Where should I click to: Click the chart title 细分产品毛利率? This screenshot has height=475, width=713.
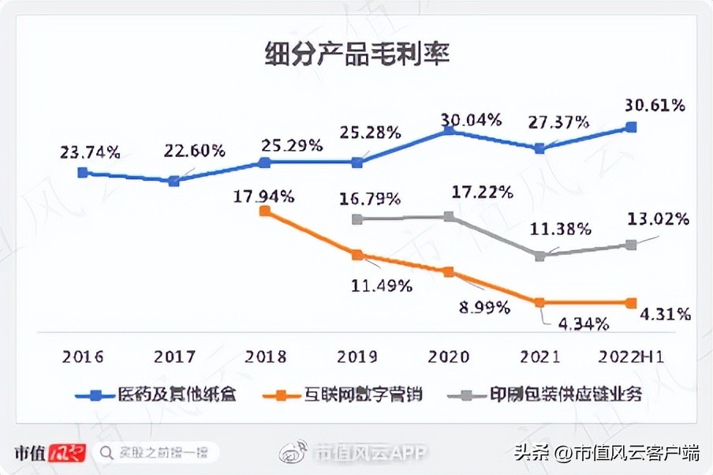click(356, 55)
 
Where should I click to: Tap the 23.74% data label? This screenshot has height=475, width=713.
click(90, 152)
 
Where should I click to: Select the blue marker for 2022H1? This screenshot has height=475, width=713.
click(631, 126)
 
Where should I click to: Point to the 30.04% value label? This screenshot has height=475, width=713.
click(470, 120)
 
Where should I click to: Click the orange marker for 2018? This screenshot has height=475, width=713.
click(265, 211)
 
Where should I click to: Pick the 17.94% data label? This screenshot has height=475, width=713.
click(263, 195)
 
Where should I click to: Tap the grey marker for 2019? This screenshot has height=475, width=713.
click(357, 219)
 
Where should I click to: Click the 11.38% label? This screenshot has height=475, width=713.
click(561, 230)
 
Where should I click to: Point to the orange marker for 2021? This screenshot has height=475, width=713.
click(539, 302)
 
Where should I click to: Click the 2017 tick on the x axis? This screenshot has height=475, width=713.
click(174, 357)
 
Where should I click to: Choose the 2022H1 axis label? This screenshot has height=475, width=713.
click(631, 357)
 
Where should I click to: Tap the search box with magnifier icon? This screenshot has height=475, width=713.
click(155, 452)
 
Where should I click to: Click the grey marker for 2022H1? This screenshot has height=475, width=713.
click(631, 245)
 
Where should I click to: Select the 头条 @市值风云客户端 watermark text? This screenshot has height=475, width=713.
click(607, 453)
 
